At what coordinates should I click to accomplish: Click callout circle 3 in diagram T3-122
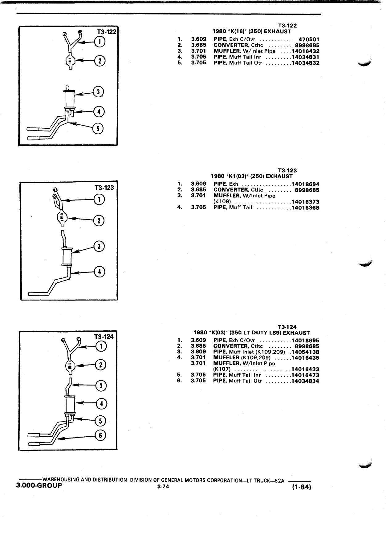(x=99, y=91)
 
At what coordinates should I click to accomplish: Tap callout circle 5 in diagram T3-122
(x=98, y=129)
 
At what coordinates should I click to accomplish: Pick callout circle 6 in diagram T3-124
(x=100, y=435)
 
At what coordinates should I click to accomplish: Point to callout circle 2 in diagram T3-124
(x=100, y=365)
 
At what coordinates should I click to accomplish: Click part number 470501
(x=309, y=39)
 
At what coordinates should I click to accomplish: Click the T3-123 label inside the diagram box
(x=104, y=188)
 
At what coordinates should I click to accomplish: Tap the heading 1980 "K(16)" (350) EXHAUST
(x=252, y=31)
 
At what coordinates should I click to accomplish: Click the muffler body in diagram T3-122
(x=70, y=99)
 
